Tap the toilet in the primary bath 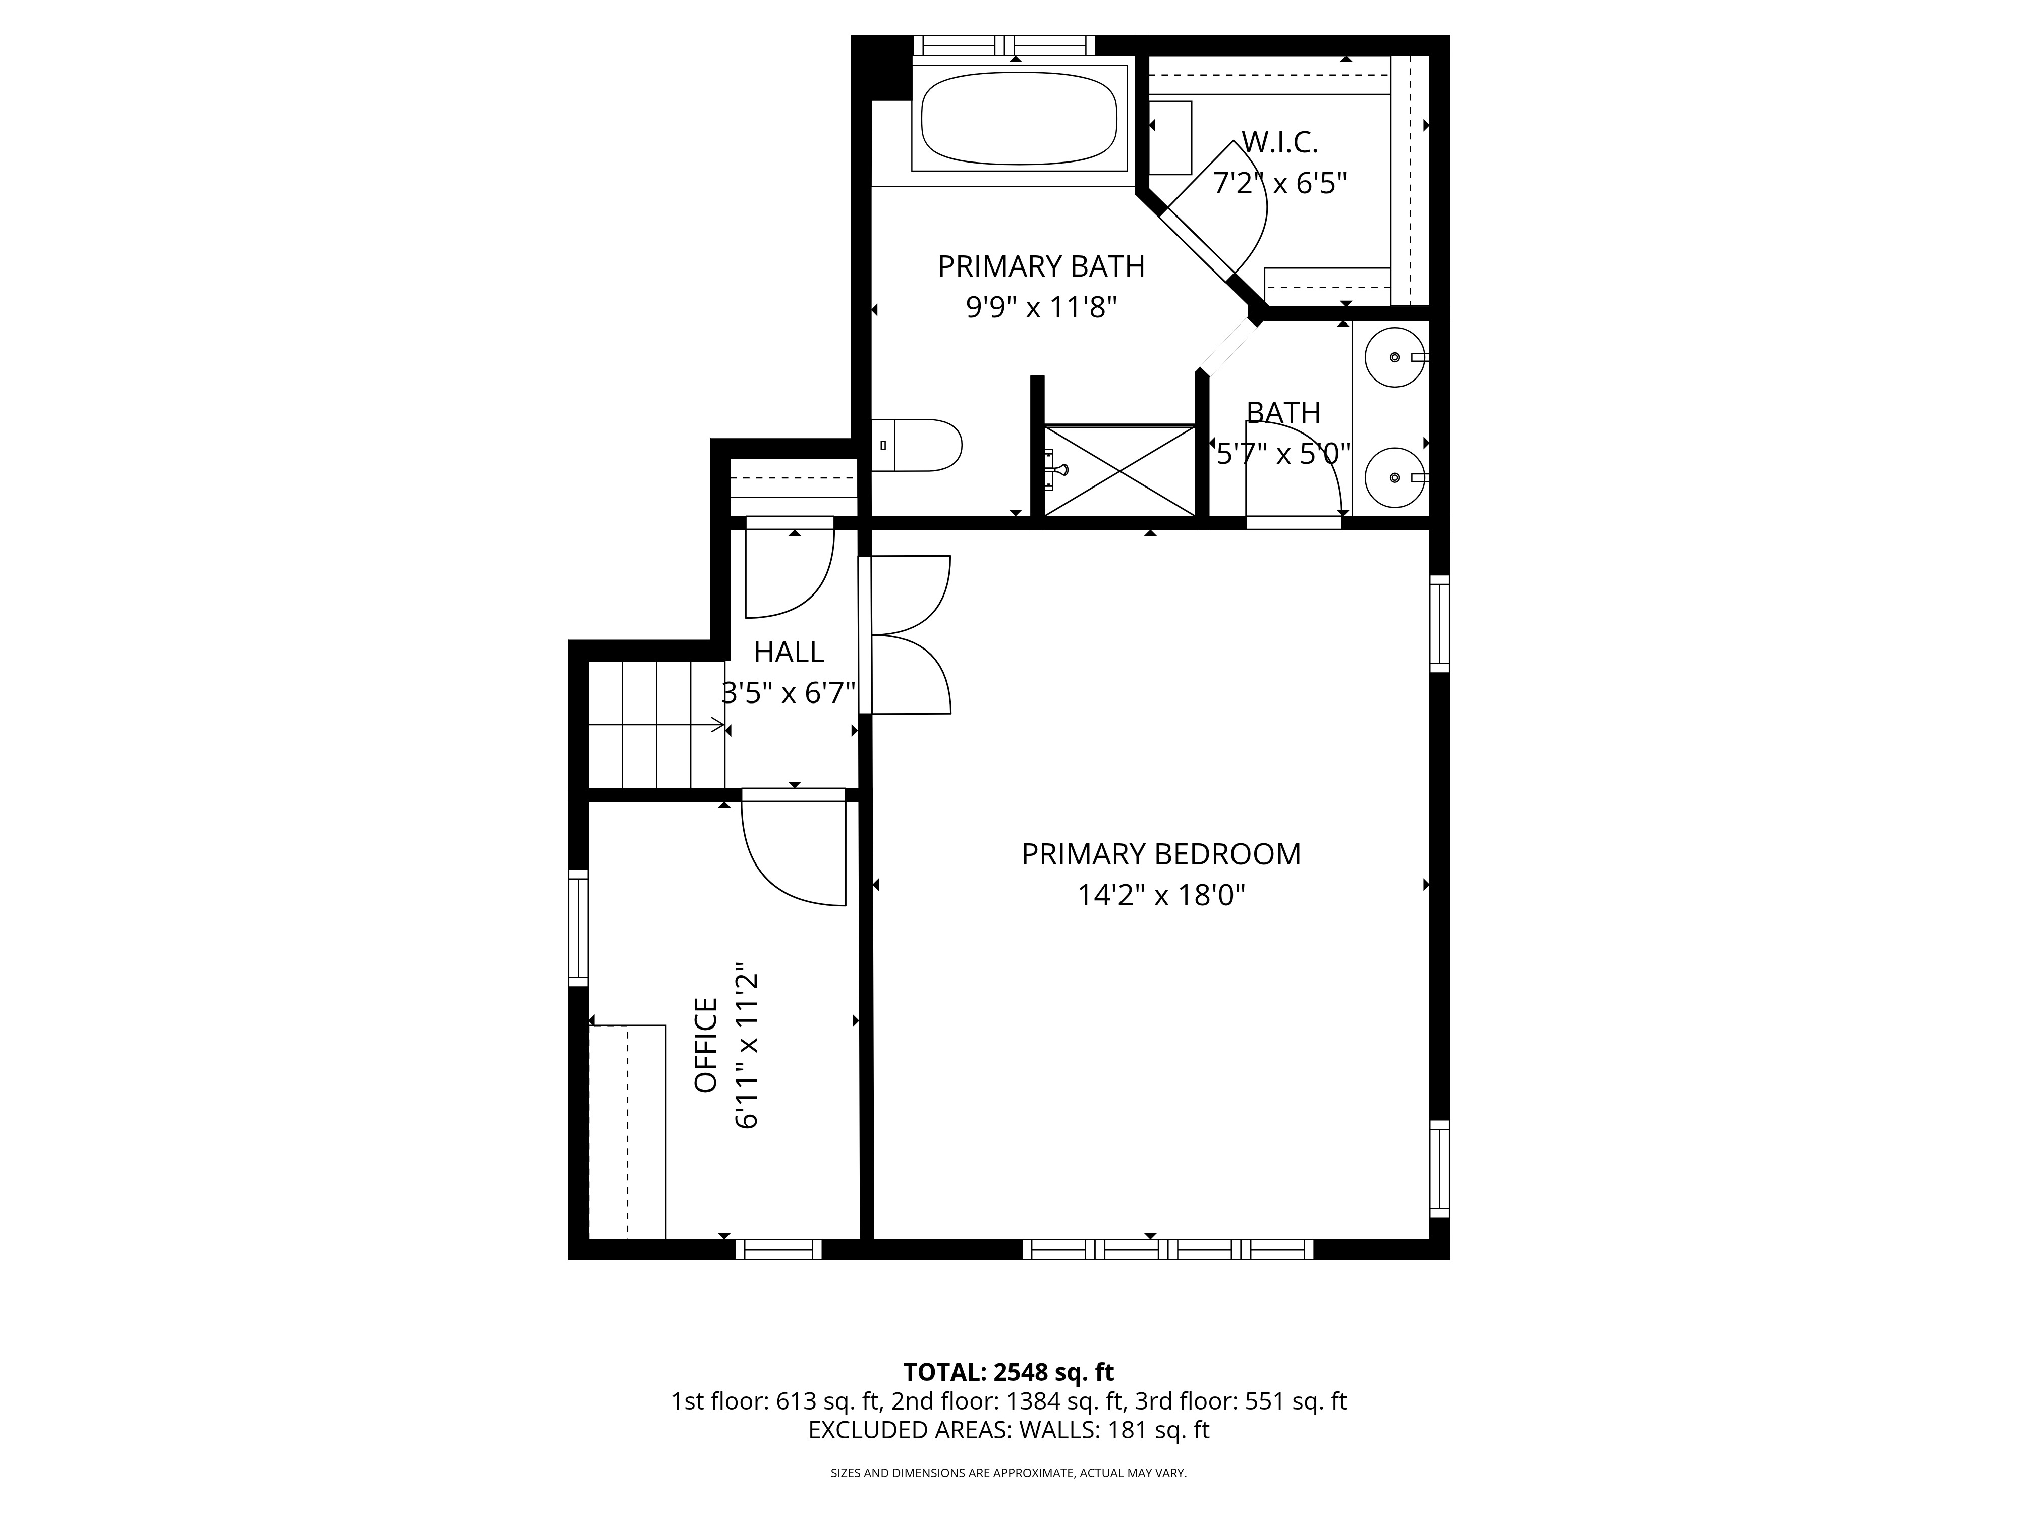916,445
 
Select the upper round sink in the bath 1396,357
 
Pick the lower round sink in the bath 1396,477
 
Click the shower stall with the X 1118,470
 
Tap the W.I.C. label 1280,142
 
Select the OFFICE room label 706,1045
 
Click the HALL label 789,652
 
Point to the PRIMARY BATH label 1041,266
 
